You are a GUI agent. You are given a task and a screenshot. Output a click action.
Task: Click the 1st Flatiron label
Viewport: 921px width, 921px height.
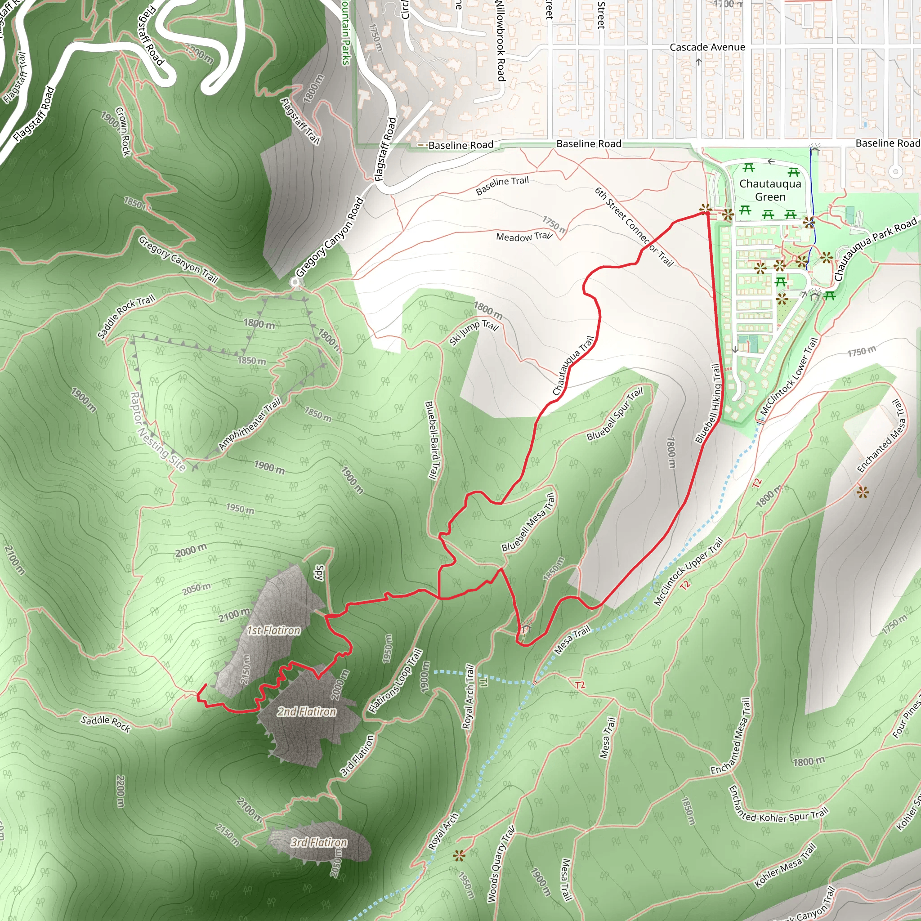(273, 630)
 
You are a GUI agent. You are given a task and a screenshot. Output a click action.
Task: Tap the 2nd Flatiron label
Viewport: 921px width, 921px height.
(307, 712)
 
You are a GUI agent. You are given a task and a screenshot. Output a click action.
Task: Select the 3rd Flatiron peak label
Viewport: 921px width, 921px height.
(319, 842)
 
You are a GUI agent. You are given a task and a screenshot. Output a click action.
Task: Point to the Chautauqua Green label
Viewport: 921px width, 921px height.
(770, 190)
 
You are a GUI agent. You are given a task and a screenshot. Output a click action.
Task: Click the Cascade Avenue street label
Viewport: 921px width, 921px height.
(707, 47)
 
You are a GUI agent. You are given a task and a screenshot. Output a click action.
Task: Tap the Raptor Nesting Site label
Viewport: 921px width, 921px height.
(158, 432)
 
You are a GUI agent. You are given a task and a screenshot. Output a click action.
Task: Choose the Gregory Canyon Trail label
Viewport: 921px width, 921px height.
(178, 260)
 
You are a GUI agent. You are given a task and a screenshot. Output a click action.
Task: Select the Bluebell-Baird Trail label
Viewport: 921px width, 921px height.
(431, 440)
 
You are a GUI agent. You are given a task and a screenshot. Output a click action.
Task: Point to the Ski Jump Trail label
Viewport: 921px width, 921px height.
(474, 332)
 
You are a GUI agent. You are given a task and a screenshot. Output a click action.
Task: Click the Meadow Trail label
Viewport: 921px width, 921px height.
(523, 237)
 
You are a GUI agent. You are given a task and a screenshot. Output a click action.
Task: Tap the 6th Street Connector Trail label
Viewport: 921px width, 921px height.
(634, 227)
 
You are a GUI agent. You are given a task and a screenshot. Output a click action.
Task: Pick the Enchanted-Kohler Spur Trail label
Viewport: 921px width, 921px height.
(778, 805)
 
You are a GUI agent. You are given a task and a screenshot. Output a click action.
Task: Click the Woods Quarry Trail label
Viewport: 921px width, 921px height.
(500, 864)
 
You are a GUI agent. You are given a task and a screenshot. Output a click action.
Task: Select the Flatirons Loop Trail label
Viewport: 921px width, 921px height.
(396, 680)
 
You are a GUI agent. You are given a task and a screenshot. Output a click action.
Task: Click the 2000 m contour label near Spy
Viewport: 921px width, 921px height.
(191, 550)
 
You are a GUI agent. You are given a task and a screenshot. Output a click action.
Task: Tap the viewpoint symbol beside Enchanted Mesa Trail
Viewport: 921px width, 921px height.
(863, 492)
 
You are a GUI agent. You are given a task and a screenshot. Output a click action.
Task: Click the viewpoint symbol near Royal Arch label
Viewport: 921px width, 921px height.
(459, 856)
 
